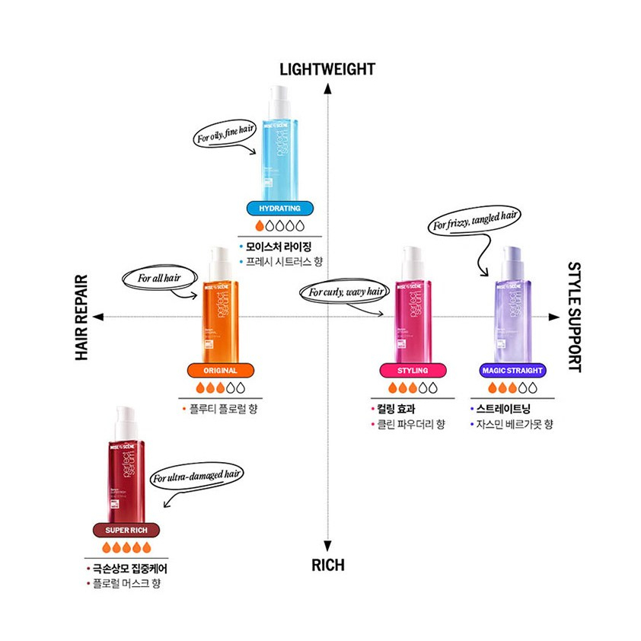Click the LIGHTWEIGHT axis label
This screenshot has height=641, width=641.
(327, 69)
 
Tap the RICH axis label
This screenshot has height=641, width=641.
(327, 565)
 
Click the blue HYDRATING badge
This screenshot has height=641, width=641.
(274, 208)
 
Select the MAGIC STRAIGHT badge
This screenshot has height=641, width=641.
(513, 371)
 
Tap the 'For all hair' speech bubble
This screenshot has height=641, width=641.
(155, 278)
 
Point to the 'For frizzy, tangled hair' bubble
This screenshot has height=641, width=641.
(475, 222)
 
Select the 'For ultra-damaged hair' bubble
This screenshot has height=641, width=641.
(196, 477)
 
